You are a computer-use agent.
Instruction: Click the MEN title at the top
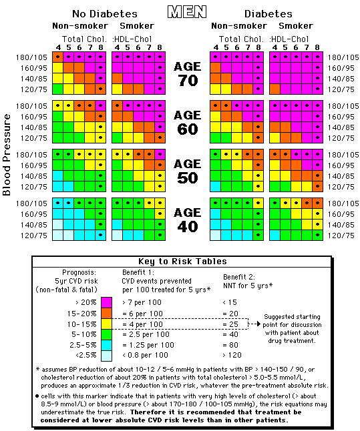(187, 12)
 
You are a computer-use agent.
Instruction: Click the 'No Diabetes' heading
(105, 14)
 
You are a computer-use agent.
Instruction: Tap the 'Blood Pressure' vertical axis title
(7, 155)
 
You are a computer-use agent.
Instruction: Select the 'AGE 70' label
(188, 73)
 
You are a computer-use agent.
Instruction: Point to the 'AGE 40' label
(188, 220)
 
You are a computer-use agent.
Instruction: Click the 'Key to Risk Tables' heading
(182, 261)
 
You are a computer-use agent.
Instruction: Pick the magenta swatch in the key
(106, 302)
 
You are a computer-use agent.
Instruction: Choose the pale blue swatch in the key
(106, 356)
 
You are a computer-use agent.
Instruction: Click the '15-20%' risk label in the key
(81, 314)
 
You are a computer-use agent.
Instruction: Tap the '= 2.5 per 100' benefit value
(146, 334)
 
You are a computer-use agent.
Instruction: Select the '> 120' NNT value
(232, 355)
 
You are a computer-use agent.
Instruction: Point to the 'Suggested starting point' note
(292, 329)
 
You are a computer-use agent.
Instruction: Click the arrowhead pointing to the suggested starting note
(258, 324)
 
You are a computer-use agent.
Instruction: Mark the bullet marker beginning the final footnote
(37, 396)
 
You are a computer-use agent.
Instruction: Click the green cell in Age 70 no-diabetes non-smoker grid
(58, 89)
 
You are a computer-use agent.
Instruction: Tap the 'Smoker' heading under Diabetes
(296, 26)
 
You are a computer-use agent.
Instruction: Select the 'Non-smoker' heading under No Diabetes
(80, 26)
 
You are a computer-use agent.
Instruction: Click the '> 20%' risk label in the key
(86, 302)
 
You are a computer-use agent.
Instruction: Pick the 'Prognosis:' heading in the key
(79, 272)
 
